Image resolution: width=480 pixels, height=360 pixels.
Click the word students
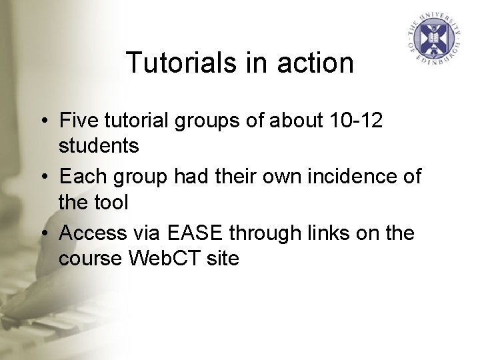coord(99,145)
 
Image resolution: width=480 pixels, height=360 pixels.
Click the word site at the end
coord(224,257)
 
